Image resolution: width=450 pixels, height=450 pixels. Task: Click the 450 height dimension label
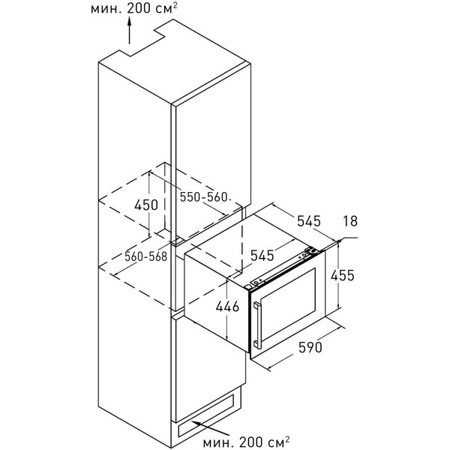tap(146, 205)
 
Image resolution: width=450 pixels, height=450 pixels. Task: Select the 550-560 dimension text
tap(205, 196)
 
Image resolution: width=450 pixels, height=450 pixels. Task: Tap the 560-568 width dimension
tap(145, 256)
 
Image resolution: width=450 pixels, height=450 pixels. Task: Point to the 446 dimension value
tap(227, 307)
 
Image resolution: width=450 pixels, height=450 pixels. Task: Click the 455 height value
tap(343, 275)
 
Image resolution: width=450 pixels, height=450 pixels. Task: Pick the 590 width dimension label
tap(310, 347)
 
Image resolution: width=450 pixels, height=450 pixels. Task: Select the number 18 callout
tap(350, 221)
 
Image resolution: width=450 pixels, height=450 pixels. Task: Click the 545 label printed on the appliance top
tap(262, 255)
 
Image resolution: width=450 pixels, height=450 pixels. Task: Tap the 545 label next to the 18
tap(308, 221)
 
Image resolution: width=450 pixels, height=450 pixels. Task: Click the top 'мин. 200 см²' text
tap(134, 8)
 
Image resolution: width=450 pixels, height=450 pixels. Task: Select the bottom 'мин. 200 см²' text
tap(246, 442)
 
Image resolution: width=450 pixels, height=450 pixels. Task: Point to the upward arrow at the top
tap(130, 30)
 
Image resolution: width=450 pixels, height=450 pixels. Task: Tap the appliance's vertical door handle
tap(257, 325)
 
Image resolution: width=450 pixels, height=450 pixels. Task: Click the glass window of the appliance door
tap(289, 307)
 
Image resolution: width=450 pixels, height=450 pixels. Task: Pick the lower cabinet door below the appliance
tap(208, 370)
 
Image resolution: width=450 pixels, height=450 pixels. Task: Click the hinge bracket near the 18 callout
tap(312, 250)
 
